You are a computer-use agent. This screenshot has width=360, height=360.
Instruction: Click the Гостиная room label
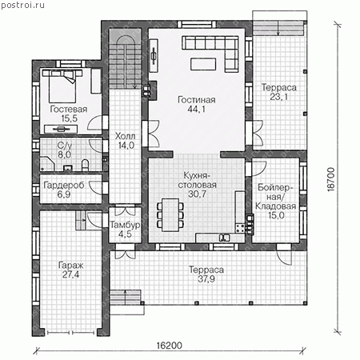pos(197,100)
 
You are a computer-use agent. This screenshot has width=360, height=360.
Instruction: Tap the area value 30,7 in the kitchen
pos(197,194)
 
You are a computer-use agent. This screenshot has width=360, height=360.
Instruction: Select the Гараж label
pos(70,266)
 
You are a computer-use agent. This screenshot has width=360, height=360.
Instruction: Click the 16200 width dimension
pos(170,346)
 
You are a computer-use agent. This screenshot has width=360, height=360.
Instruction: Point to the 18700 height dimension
pos(330,179)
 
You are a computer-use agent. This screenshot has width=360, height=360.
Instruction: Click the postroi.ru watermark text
pos(22,5)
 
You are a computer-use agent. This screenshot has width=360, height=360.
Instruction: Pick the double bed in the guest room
pos(62,86)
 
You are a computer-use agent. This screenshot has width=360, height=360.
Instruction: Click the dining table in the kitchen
pos(170,214)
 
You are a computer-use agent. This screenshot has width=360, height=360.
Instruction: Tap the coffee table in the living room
pos(203,64)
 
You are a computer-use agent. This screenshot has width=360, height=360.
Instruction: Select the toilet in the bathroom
pos(85,165)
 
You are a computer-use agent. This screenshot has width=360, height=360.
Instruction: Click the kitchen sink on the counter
pos(224,238)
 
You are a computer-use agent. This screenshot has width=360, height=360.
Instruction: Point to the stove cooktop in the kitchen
pos(239,229)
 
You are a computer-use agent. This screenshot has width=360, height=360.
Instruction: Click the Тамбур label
pos(125,225)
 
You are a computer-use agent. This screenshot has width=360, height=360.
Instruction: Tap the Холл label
pos(125,136)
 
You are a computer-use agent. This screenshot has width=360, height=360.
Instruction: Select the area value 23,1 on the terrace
pos(278,97)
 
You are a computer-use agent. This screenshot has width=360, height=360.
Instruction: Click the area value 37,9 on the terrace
pos(206,279)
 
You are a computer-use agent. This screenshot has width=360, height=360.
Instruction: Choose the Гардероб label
pos(64,185)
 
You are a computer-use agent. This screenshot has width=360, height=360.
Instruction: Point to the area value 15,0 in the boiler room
pos(276,215)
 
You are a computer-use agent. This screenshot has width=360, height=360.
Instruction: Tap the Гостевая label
pos(69,109)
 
